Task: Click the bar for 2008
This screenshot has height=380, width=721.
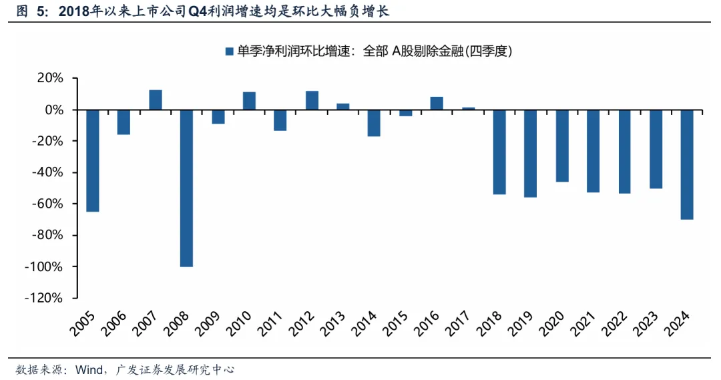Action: click(186, 188)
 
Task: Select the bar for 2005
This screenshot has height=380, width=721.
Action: click(93, 160)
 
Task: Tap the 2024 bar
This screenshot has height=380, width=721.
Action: click(687, 164)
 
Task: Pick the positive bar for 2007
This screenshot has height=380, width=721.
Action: click(156, 100)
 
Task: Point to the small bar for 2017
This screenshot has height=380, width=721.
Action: click(469, 108)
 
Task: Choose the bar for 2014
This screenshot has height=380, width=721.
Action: click(374, 123)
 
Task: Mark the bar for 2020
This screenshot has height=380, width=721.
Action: click(562, 146)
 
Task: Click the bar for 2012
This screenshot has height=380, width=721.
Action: click(312, 100)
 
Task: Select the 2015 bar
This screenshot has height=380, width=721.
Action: click(405, 113)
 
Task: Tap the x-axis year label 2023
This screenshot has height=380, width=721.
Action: click(649, 326)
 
